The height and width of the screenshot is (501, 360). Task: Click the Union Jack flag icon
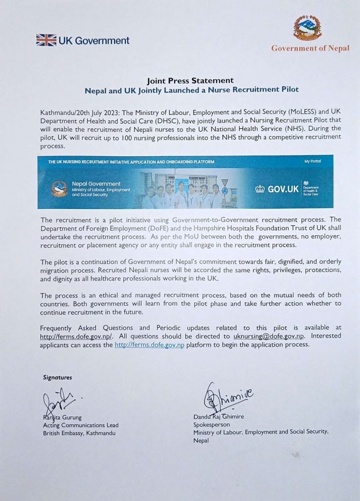[x=46, y=40]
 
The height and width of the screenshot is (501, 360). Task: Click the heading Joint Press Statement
[x=190, y=80]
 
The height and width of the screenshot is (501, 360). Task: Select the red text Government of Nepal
[x=310, y=48]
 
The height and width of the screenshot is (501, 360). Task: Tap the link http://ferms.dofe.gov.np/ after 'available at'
[x=77, y=336]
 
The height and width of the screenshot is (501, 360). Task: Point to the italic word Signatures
[x=58, y=377]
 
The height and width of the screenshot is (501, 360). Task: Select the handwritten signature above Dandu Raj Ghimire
[x=228, y=396]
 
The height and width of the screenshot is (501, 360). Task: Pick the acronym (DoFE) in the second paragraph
[x=149, y=228]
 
